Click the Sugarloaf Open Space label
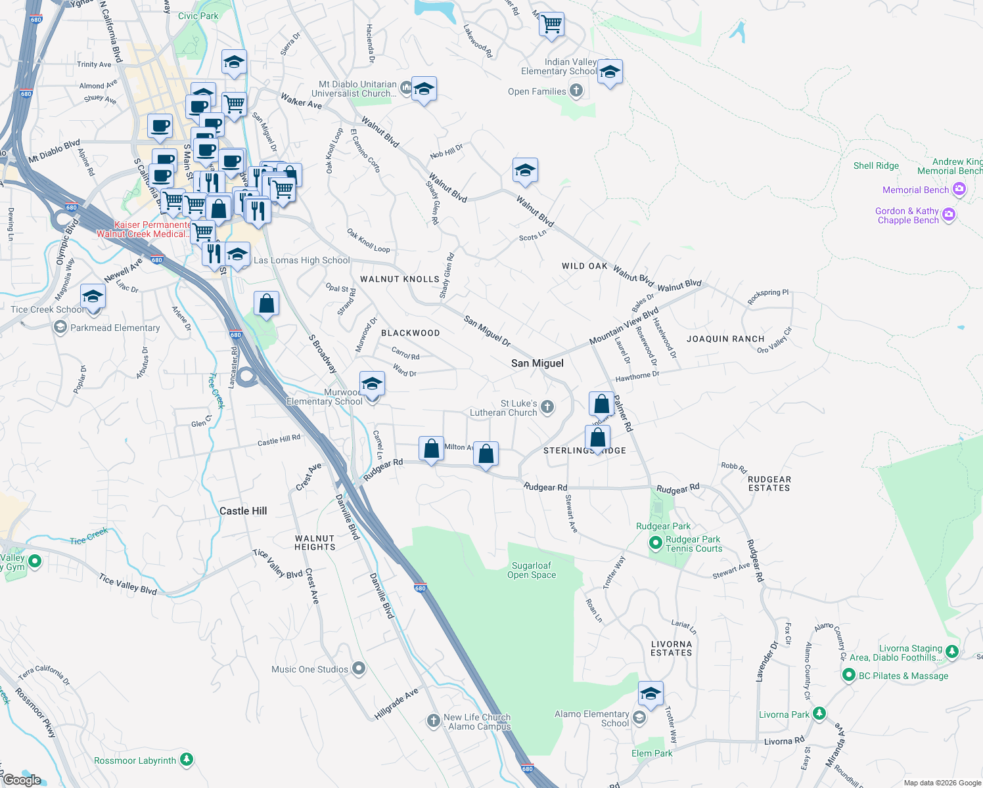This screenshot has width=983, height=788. coord(532,570)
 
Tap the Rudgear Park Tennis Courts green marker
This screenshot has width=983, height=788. coord(655,543)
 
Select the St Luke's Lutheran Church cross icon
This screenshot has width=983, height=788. coord(547,408)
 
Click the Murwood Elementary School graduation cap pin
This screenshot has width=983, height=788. coord(372,383)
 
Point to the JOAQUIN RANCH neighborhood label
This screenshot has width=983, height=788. coord(725,339)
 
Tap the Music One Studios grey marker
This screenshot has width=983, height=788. coord(359,668)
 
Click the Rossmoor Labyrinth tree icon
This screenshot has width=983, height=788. coord(187,760)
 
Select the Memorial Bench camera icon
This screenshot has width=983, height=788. coord(959,190)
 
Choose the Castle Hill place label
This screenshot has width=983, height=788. coord(243,511)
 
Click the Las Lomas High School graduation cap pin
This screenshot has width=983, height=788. coord(237,254)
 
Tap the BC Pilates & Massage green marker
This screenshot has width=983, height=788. coord(848,675)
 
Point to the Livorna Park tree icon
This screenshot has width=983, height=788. coord(819,714)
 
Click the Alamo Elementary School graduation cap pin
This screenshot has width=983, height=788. coord(651,693)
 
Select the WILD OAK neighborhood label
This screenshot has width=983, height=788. coord(585,266)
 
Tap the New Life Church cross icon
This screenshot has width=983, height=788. coord(434,721)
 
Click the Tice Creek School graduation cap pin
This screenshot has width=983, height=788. coord(93,295)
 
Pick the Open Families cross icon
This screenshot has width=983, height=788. coord(576,91)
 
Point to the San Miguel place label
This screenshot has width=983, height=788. coord(537,363)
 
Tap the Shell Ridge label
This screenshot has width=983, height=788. coord(876,165)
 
